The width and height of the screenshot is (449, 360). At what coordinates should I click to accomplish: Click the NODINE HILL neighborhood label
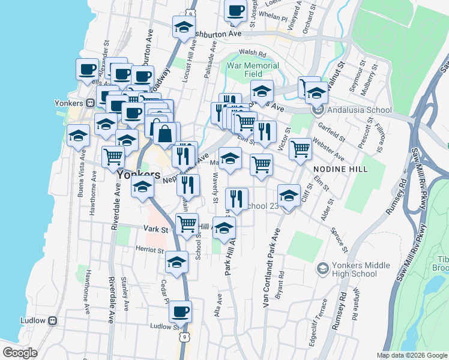coord(340,169)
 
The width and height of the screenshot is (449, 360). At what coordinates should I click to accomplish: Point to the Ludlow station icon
coord(52,320)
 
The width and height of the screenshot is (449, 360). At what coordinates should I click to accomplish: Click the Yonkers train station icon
coord(91,102)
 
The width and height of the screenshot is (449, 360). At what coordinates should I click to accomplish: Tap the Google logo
coord(19,353)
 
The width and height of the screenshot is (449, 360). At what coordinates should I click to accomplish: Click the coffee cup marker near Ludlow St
coord(179,311)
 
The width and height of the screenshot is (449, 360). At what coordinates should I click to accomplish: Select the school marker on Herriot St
coord(176,262)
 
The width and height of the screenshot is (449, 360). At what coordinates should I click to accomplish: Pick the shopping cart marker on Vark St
coord(187,223)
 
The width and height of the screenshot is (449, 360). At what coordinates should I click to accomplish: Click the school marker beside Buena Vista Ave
coord(78,136)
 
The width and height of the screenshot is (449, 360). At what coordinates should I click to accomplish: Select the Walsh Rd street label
coord(252,53)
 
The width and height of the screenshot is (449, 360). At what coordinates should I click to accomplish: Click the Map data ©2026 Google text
coord(411,355)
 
